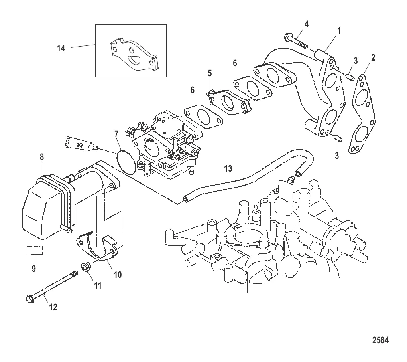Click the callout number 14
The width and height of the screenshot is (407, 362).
[61, 48]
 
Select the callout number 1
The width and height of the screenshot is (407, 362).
[339, 31]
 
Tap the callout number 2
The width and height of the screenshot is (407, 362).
[373, 58]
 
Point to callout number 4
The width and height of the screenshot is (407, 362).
[306, 24]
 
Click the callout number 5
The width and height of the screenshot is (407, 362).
[210, 73]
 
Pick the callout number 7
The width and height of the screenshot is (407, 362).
[116, 134]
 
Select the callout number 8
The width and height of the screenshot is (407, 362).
[42, 157]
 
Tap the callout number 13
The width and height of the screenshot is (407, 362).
[228, 169]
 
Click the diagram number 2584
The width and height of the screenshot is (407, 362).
[381, 340]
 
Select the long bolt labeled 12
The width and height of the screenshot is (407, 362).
[52, 287]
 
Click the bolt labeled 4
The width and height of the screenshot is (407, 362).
[296, 42]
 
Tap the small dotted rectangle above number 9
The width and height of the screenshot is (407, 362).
[35, 250]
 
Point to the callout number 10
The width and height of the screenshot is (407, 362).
[118, 275]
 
